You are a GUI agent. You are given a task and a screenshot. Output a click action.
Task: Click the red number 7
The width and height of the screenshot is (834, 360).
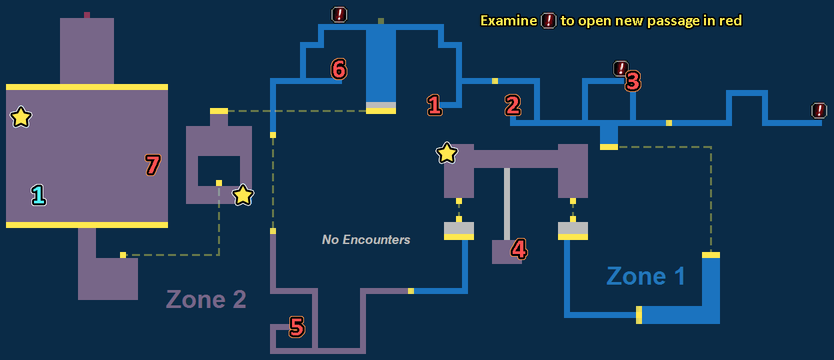[153, 165]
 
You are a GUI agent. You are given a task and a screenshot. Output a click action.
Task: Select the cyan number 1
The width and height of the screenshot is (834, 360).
[39, 195]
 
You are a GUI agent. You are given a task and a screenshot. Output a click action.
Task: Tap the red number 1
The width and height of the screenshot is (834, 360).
[434, 105]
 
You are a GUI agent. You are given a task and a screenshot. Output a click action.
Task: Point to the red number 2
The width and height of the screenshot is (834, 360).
[512, 105]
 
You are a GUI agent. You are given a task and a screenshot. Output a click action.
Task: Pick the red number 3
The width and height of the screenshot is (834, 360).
[633, 81]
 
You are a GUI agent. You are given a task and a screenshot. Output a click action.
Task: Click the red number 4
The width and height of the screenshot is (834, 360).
[519, 249]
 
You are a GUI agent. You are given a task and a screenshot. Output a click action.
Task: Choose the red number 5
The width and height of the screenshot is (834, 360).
[297, 327]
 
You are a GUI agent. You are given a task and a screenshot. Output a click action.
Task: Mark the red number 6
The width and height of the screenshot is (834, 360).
[339, 68]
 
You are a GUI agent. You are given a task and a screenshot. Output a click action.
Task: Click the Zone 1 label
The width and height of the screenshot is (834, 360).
[645, 276]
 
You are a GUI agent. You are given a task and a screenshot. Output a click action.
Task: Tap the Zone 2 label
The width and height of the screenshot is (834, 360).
[206, 299]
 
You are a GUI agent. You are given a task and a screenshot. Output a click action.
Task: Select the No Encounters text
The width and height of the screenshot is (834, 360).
[366, 239]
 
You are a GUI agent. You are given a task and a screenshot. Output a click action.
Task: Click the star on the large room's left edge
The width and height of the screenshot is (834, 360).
[21, 118]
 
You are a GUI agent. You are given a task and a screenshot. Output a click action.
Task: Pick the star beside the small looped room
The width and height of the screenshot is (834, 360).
[243, 195]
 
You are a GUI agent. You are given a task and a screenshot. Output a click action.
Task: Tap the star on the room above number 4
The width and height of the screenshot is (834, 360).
[447, 153]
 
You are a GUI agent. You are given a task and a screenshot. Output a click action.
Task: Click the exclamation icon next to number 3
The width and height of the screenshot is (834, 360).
[621, 68]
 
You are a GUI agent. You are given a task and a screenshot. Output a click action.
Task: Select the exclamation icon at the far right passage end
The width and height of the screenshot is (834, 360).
[819, 111]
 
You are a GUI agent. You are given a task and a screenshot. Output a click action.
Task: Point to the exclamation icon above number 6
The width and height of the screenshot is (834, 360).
[339, 14]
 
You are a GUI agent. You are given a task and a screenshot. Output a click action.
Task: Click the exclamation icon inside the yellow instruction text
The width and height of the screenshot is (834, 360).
[548, 21]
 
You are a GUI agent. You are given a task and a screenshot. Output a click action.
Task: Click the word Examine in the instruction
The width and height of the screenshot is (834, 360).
[508, 21]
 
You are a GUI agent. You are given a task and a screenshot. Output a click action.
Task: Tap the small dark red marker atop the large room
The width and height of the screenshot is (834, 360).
[87, 15]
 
